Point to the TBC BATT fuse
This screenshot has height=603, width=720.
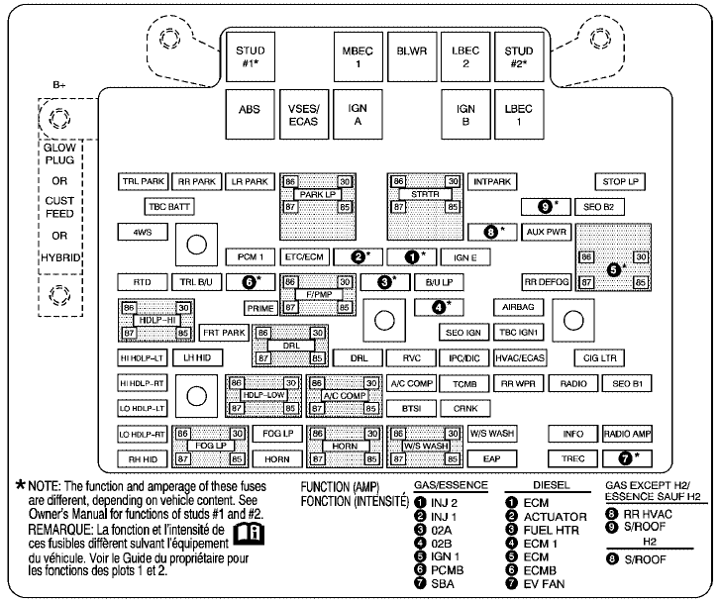pos(167,207)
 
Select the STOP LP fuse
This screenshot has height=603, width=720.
pos(622,182)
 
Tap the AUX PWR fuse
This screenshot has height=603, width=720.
pos(546,232)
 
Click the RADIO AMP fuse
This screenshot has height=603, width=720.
pos(627,434)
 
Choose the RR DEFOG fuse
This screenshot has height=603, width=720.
pos(547,281)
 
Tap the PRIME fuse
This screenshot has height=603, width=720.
pos(259,308)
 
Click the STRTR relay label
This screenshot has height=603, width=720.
pos(425,194)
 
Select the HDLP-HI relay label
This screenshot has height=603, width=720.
pos(154,320)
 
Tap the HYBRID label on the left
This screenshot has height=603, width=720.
pos(60,256)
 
